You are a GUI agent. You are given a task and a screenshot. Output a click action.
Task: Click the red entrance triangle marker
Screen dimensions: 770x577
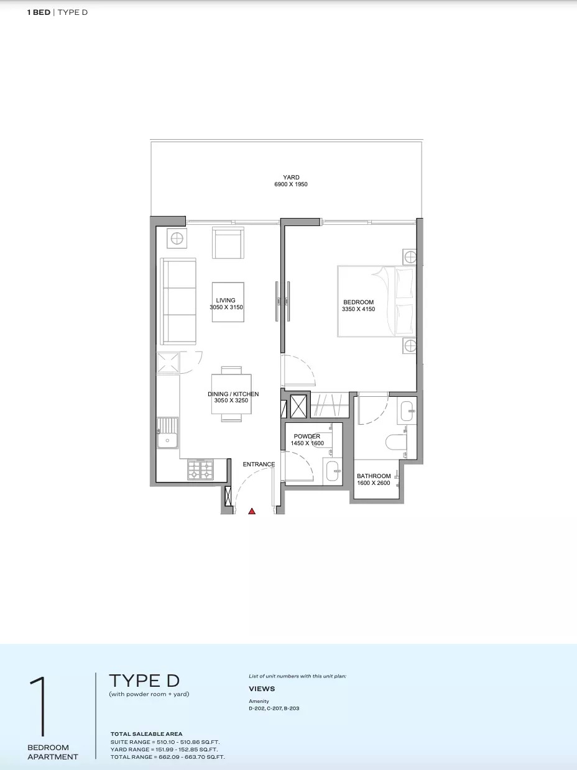(252, 511)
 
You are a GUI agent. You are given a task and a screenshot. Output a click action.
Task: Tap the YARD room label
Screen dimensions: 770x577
(291, 178)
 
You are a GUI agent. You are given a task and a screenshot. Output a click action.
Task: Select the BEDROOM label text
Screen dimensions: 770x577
(358, 302)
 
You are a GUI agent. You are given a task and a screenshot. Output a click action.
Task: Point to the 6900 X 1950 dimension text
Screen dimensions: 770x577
(291, 185)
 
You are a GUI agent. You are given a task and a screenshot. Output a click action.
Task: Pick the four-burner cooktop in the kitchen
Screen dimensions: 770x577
(200, 470)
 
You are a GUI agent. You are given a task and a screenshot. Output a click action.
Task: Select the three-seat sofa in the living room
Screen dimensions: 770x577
(179, 301)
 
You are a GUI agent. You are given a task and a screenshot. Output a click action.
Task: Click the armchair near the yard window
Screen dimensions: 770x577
(228, 243)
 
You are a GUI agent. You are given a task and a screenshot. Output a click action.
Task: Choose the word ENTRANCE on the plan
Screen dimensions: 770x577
(259, 464)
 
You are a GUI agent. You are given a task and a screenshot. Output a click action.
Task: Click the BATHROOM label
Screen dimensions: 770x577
(374, 476)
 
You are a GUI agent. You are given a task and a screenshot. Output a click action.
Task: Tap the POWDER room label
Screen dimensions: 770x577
(307, 437)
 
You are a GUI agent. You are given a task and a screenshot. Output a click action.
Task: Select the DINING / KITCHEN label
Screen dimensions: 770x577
(233, 394)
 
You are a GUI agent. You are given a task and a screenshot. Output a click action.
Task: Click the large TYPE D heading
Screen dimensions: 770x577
(144, 681)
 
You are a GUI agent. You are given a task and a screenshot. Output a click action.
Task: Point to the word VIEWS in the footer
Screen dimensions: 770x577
(262, 689)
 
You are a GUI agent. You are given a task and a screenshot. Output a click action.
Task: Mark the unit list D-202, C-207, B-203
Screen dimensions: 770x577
(274, 708)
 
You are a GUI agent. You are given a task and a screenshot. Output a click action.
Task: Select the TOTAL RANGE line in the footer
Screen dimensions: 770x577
(168, 757)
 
